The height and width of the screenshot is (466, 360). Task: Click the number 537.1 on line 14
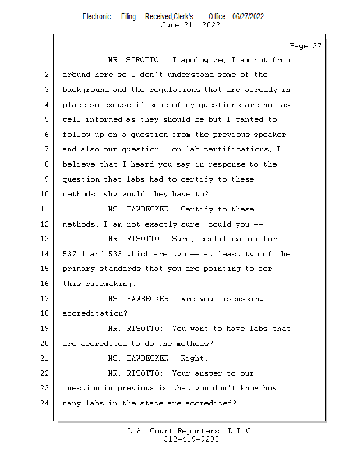point(74,254)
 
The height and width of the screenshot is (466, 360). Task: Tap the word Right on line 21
point(192,358)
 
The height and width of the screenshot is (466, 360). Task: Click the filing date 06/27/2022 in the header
point(248,17)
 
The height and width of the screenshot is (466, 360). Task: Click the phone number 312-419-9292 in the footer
point(191,439)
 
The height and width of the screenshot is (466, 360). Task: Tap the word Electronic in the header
point(97,17)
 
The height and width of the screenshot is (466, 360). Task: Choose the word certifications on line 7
point(238,150)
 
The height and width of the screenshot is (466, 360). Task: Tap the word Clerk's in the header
point(182,17)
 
